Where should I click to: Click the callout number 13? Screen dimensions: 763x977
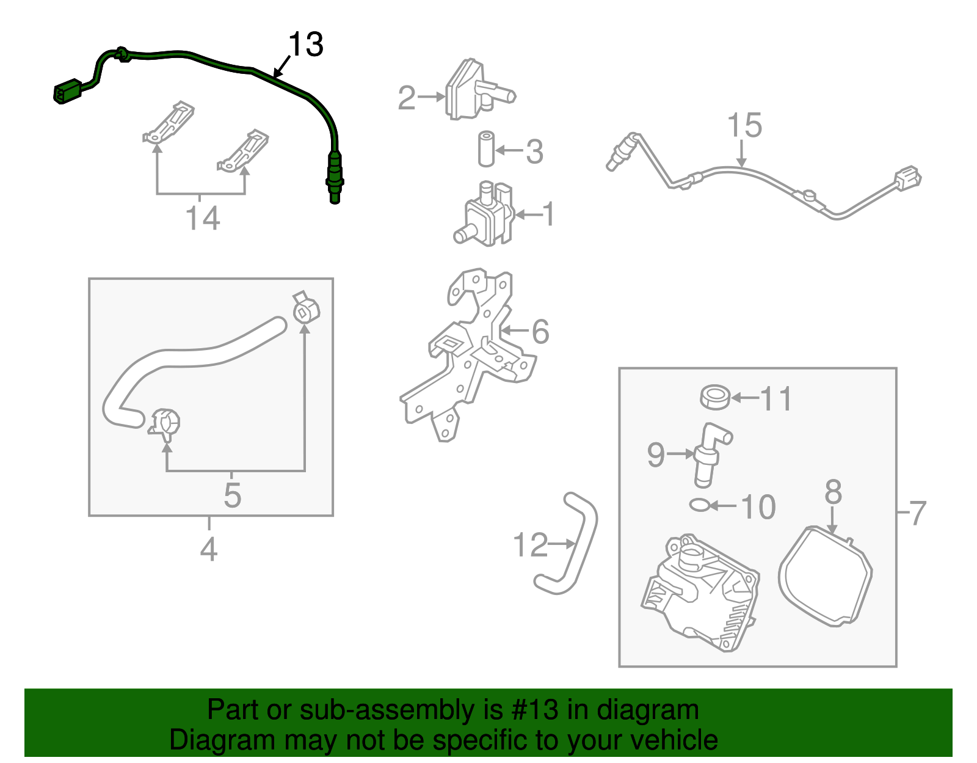[x=305, y=45]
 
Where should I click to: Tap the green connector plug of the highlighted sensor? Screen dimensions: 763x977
[x=67, y=92]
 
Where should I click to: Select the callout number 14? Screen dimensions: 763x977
[x=202, y=219]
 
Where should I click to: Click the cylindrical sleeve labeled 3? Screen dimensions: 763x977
[x=486, y=148]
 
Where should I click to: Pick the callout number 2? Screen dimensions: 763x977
[x=407, y=98]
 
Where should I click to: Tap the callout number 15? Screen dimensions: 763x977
[x=744, y=125]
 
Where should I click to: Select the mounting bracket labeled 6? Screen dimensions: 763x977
[x=470, y=354]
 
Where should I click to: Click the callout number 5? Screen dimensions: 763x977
[x=232, y=495]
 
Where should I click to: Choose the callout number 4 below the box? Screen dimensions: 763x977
[x=209, y=549]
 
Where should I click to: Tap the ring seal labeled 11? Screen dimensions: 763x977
[x=715, y=398]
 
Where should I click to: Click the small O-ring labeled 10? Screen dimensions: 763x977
[x=700, y=505]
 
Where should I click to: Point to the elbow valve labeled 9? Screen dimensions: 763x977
[x=708, y=455]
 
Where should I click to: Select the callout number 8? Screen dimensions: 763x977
[x=834, y=492]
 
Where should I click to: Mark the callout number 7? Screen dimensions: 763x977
[x=918, y=513]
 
